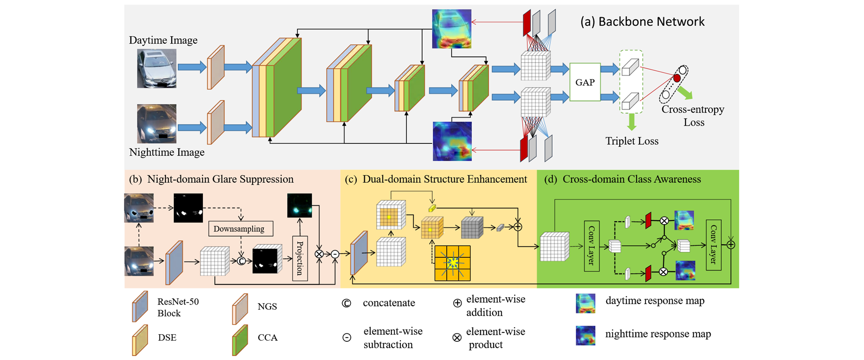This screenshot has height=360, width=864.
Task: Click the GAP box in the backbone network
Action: click(x=585, y=82)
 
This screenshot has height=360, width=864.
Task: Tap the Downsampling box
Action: click(x=240, y=229)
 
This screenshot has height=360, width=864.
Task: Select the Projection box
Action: click(x=300, y=258)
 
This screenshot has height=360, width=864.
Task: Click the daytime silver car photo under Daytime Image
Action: click(x=157, y=68)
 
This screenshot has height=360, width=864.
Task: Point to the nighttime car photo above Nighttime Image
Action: click(x=157, y=124)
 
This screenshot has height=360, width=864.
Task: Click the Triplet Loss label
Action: click(x=631, y=141)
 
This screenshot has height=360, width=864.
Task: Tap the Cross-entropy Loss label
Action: click(x=693, y=116)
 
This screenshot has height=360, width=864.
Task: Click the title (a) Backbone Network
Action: click(x=642, y=22)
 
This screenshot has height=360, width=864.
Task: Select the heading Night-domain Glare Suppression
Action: click(x=220, y=179)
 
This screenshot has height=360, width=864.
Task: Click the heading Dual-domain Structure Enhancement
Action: click(x=444, y=179)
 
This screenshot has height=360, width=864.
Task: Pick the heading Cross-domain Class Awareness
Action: click(x=631, y=179)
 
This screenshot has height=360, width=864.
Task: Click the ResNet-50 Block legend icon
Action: click(x=140, y=307)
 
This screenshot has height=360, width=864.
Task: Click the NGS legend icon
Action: click(x=240, y=309)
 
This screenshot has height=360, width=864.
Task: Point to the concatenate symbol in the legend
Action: click(x=346, y=303)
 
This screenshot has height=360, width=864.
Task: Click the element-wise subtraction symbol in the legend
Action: click(x=346, y=337)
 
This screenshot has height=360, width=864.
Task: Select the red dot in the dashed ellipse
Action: click(x=677, y=78)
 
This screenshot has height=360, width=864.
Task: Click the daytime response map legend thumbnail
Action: click(x=586, y=303)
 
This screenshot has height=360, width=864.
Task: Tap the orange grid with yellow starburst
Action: click(x=452, y=263)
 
